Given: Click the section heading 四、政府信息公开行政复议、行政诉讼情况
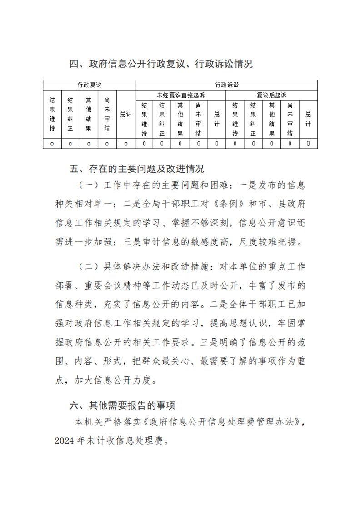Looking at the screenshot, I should (x=161, y=64).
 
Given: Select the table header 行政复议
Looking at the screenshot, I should (x=89, y=85).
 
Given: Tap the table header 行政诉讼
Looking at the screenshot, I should (x=226, y=85).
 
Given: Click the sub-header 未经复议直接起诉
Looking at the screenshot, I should (x=180, y=95).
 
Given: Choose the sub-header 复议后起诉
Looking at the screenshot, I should (x=271, y=95).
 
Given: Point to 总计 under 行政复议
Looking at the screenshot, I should (x=125, y=115).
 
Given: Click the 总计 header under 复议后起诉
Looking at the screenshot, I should (x=308, y=119).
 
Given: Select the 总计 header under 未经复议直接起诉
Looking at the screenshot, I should (x=216, y=119).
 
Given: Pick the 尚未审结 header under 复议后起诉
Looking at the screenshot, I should (x=290, y=119).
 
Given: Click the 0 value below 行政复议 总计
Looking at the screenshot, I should (x=125, y=144).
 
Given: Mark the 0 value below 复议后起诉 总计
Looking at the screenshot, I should (x=308, y=144).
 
